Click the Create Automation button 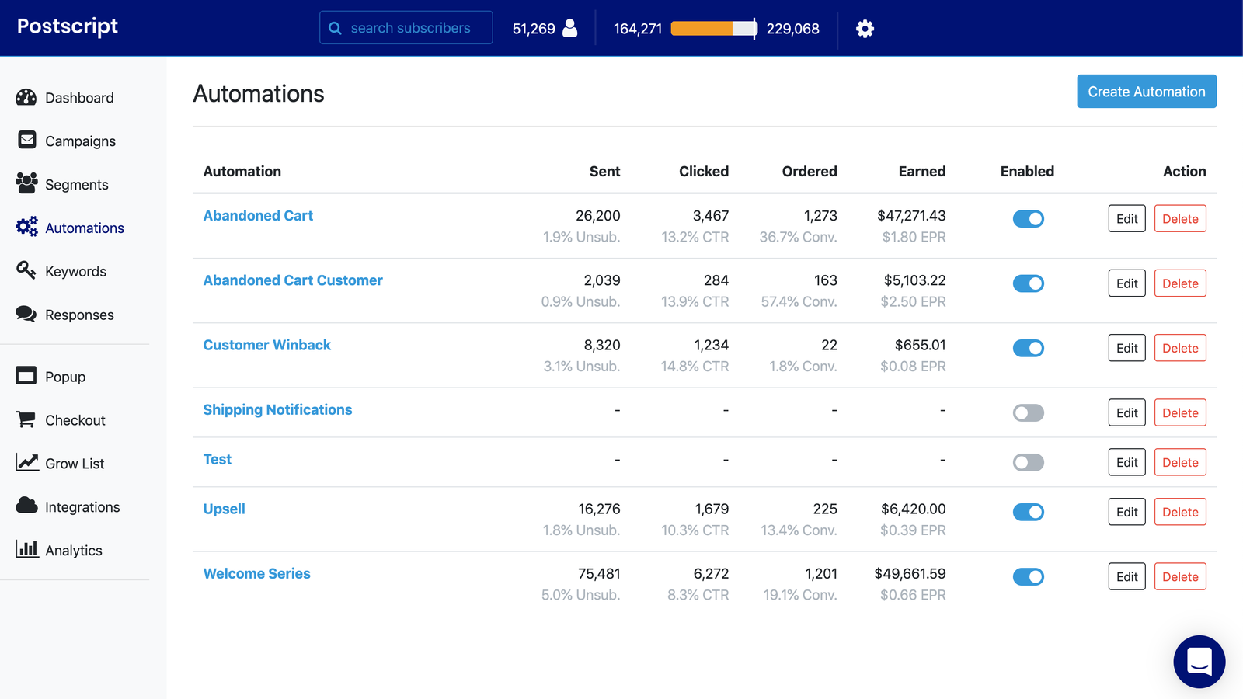tap(1146, 92)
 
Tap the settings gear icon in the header tap(865, 29)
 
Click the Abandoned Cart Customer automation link tap(293, 280)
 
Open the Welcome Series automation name tap(256, 573)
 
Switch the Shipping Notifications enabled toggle tap(1028, 412)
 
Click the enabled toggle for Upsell tap(1028, 512)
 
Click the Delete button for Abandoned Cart tap(1179, 219)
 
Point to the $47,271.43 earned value tap(910, 216)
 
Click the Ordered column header tap(809, 172)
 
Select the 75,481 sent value tap(599, 573)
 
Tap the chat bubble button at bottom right tap(1199, 662)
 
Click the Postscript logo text tap(68, 26)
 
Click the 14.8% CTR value tap(695, 366)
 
